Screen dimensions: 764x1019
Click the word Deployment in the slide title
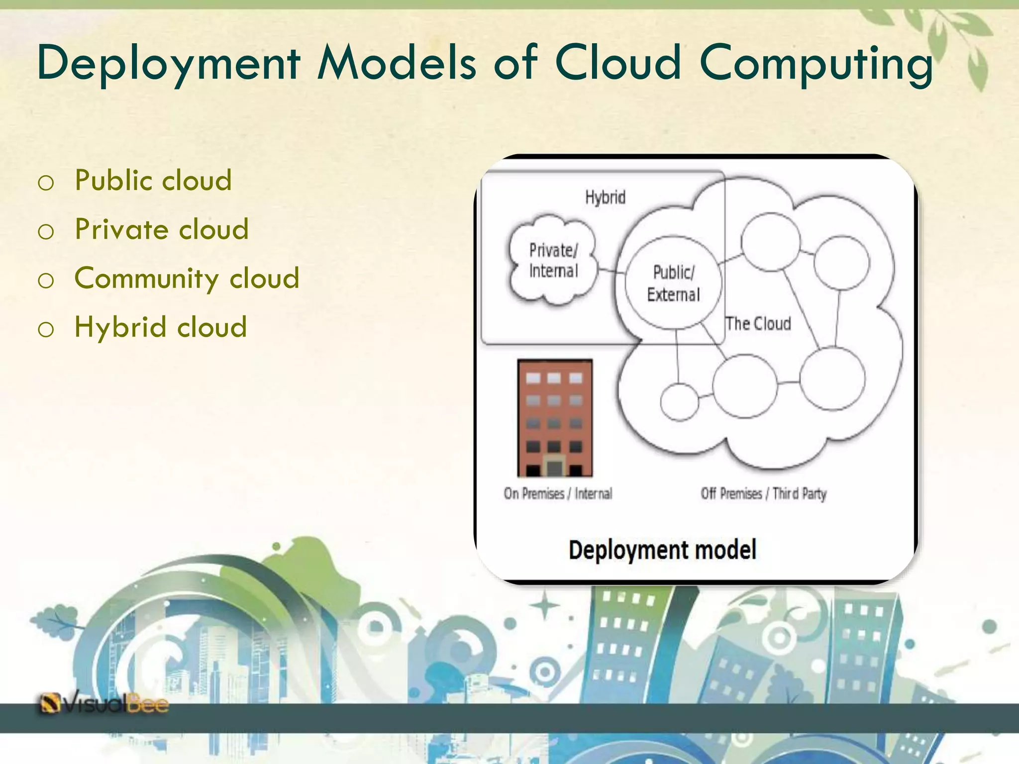168,64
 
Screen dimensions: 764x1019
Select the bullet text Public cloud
153,180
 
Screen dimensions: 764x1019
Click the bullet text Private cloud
161,229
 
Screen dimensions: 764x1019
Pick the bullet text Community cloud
187,278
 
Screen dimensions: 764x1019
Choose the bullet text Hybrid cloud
160,327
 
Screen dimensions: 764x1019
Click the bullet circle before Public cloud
46,183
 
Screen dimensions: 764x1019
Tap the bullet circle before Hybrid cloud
46,330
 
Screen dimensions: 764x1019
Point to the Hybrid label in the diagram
605,198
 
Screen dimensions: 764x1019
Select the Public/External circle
673,283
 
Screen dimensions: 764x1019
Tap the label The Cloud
758,324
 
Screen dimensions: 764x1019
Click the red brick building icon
555,418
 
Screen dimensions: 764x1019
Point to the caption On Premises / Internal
558,493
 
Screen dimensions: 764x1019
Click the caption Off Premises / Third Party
763,493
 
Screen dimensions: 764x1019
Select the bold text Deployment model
662,550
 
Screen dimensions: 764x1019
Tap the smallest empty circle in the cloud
679,402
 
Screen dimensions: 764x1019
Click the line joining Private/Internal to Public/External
611,271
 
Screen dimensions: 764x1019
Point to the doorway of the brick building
554,468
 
